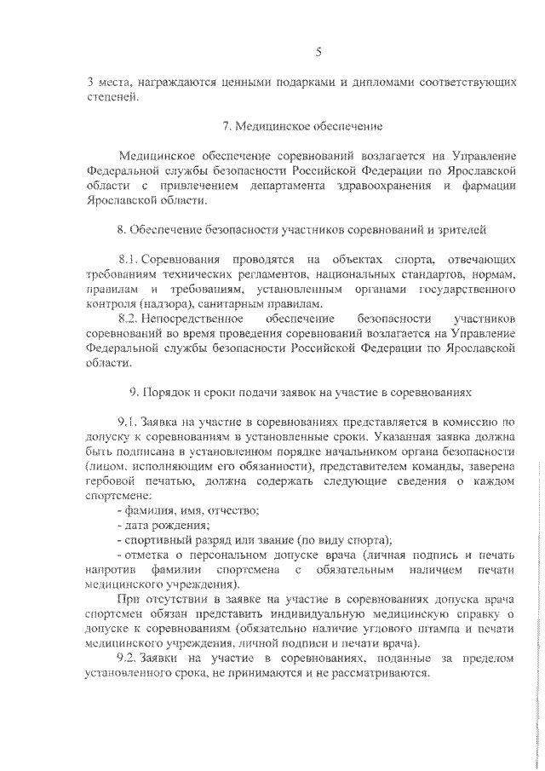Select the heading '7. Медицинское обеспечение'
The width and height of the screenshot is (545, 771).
point(302,126)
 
